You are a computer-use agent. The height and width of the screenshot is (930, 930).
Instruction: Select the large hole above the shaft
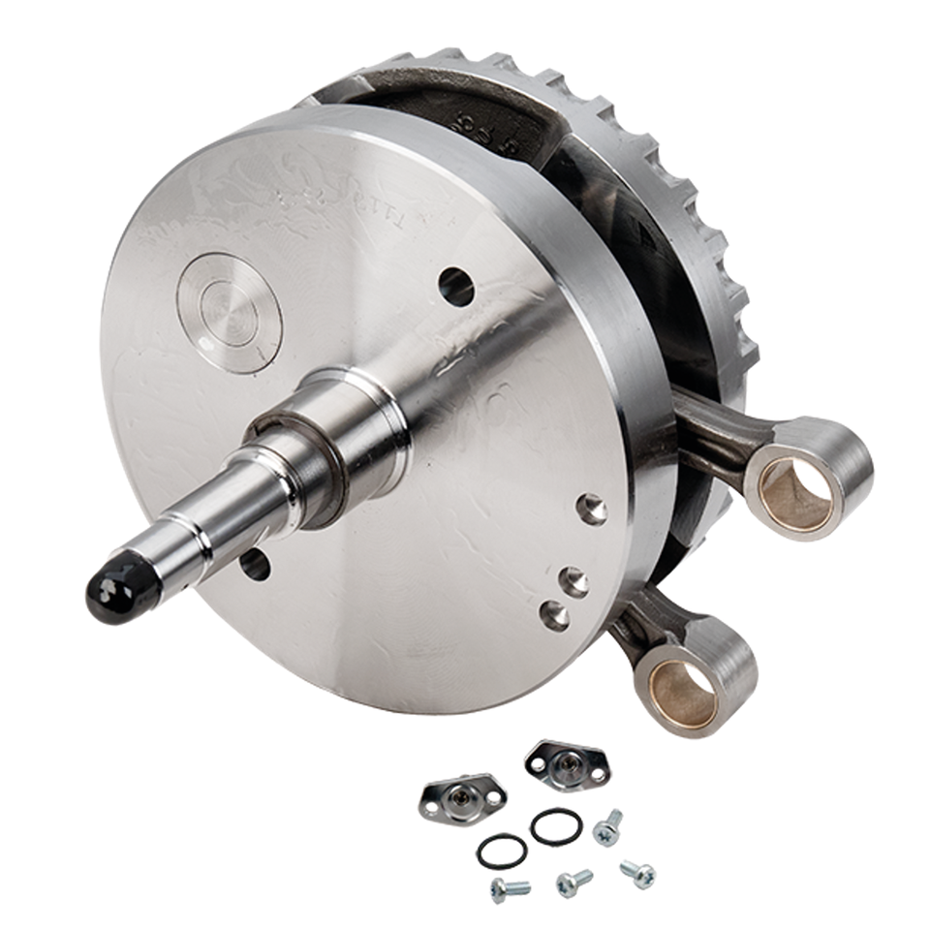click(x=456, y=287)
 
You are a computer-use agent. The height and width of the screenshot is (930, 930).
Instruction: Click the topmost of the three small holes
click(x=591, y=508)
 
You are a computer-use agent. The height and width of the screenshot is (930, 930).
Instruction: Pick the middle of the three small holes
click(x=574, y=581)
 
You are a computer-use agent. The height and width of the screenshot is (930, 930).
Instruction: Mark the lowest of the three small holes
click(x=555, y=614)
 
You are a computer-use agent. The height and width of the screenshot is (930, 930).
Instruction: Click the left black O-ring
click(x=502, y=852)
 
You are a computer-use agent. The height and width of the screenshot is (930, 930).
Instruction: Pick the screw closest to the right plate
click(x=607, y=829)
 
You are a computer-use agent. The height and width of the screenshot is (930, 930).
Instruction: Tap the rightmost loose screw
click(x=638, y=873)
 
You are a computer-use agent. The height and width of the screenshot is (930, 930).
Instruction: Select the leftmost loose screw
click(x=510, y=887)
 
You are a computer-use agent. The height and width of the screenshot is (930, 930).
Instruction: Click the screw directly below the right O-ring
click(x=573, y=882)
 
